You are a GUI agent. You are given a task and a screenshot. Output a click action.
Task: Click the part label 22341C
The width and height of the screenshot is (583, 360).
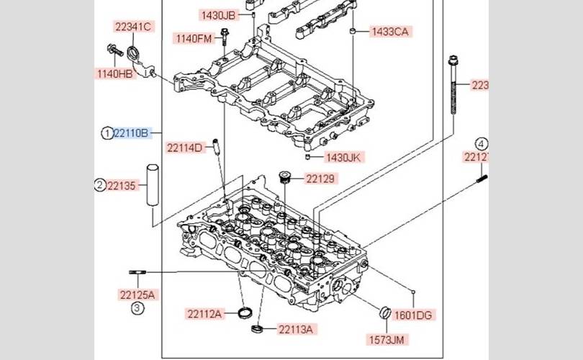coord(133,27)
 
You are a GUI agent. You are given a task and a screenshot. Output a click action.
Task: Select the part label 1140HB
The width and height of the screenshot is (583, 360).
coord(116,73)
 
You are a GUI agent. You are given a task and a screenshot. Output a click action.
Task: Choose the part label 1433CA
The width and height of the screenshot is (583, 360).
coord(389,32)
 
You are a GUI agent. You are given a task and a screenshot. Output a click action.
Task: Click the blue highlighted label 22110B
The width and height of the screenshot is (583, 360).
coord(133,133)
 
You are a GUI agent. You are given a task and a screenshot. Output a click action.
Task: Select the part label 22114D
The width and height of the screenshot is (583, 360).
coord(186,148)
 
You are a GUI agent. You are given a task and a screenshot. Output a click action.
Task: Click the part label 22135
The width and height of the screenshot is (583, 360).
coord(121,186)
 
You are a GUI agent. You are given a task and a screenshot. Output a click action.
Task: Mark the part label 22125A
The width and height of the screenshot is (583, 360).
coord(137,294)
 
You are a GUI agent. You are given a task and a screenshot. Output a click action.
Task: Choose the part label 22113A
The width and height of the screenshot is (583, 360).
coord(297,330)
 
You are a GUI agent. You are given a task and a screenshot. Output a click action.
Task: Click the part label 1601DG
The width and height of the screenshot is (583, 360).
coord(415,315)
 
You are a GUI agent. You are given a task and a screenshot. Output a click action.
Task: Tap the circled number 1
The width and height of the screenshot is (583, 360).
coord(107,133)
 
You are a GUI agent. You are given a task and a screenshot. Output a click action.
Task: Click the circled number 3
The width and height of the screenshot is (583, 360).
coord(137,309)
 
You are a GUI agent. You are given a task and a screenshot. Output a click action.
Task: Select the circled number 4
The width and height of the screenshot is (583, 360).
coord(481,143)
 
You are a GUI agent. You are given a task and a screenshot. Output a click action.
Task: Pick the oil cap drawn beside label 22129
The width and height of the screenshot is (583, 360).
coord(285,177)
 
